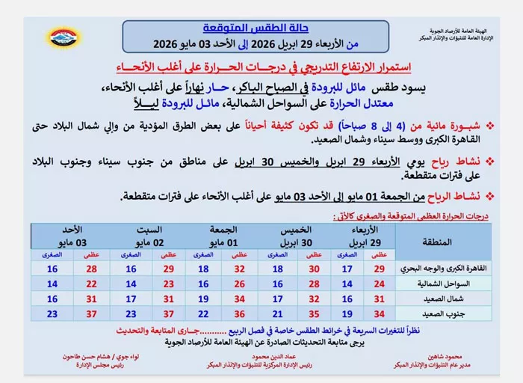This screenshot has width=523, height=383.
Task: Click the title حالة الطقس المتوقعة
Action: click(256, 28)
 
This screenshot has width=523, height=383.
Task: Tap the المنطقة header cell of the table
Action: click(442, 241)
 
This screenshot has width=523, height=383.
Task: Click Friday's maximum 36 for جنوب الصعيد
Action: click(240, 314)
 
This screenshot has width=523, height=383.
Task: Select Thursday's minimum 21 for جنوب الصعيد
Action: click(278, 314)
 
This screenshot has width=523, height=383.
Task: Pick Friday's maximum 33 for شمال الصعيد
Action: click(240, 299)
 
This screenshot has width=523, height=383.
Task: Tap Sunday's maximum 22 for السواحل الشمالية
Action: click(92, 284)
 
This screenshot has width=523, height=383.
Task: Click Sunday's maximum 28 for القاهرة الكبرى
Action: click(92, 269)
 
